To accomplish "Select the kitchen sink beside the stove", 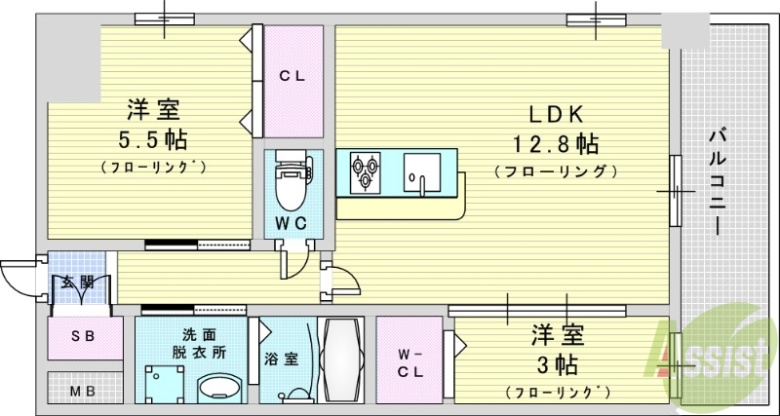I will pyautogui.click(x=422, y=172).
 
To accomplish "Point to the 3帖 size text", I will pyautogui.click(x=557, y=366).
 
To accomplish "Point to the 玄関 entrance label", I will pyautogui.click(x=78, y=283).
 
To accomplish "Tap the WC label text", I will pyautogui.click(x=291, y=223).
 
